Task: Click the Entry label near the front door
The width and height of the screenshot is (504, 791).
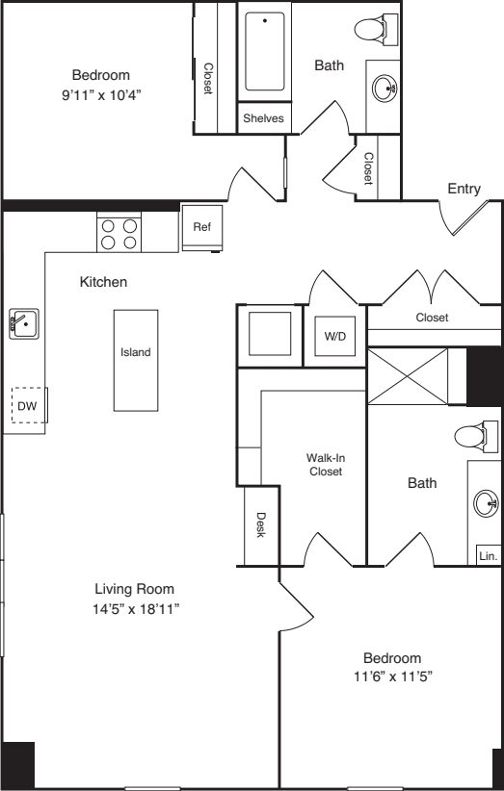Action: pyautogui.click(x=464, y=189)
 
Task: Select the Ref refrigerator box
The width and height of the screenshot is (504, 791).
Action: pyautogui.click(x=202, y=228)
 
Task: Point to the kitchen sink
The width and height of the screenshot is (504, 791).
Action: pyautogui.click(x=22, y=322)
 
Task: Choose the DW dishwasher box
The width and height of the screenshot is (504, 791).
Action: pyautogui.click(x=26, y=406)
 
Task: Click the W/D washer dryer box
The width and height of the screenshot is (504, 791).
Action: pyautogui.click(x=334, y=337)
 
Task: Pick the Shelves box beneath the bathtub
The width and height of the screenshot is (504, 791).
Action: pyautogui.click(x=263, y=118)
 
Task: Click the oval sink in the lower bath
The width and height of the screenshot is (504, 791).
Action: pyautogui.click(x=486, y=501)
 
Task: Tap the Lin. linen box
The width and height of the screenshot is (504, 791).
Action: pyautogui.click(x=488, y=555)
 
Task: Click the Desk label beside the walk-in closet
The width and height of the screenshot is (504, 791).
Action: pyautogui.click(x=260, y=524)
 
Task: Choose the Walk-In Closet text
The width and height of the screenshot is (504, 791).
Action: pyautogui.click(x=325, y=465)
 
